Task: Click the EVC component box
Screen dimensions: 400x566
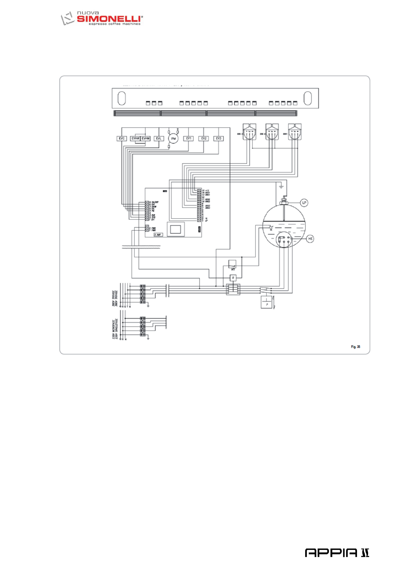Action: pos(122,138)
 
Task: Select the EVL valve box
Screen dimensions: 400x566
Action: pos(159,138)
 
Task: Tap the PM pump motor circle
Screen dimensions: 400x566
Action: pos(173,138)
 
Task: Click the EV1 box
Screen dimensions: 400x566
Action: pos(189,138)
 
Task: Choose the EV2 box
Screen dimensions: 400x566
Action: pos(204,138)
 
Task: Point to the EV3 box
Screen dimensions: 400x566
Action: pos(218,138)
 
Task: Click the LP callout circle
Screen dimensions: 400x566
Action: pos(304,203)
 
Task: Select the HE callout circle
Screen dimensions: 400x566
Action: pos(310,239)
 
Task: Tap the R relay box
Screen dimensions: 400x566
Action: pos(233,278)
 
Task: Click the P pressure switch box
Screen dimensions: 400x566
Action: pos(267,302)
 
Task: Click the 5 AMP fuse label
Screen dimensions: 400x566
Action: pos(158,235)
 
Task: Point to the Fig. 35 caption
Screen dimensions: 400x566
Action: pos(355,347)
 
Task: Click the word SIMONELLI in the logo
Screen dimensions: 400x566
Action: pos(109,19)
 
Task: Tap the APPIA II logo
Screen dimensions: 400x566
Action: pos(337,553)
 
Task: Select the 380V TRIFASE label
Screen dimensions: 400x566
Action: pos(115,298)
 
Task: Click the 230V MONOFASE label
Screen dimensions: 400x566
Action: pos(115,329)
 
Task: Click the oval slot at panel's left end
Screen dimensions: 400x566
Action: pos(122,98)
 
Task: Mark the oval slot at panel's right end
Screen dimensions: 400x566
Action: pos(308,98)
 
